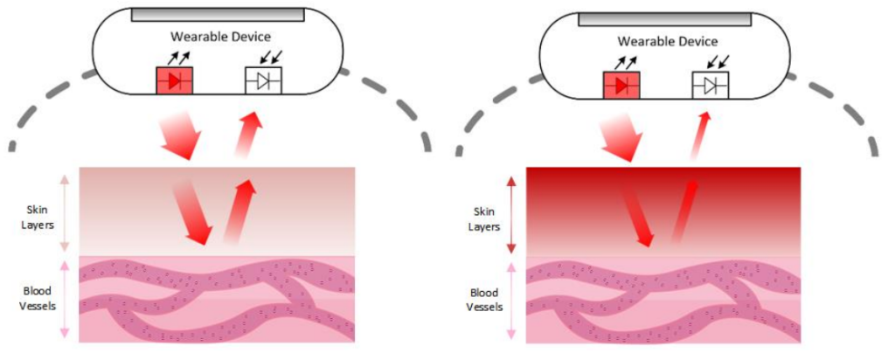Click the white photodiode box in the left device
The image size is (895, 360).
(x=262, y=80)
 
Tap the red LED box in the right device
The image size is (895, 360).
(x=621, y=86)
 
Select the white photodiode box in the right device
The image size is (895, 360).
(x=710, y=86)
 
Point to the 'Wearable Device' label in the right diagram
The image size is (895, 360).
(x=668, y=41)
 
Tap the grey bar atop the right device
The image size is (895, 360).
(x=665, y=19)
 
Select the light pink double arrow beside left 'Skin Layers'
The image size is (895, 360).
(x=64, y=215)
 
